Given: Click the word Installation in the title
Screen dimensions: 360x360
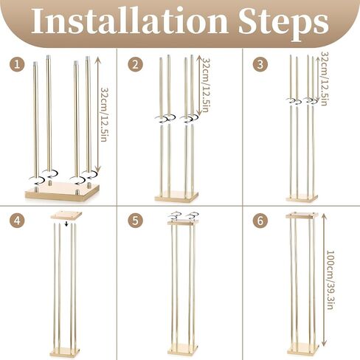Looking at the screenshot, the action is coord(130,21).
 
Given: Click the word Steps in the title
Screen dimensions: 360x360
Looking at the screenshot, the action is coord(283,24).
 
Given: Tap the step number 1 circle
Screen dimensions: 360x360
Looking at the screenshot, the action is coord(17,65).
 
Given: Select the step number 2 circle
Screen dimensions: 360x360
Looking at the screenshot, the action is coord(136,65).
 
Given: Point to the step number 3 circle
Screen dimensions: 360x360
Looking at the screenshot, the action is coord(260,65).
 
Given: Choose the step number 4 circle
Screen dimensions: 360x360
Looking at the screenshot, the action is coord(17,221).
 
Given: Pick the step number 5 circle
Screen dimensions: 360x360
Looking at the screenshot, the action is coord(136,221).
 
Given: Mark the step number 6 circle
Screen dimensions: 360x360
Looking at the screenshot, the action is coord(260,221).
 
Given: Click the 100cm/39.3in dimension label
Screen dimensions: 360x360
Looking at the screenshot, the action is coord(330,280).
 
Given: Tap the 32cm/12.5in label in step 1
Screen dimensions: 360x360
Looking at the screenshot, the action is coord(105,114).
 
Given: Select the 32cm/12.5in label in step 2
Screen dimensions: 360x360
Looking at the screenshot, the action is coord(206,85).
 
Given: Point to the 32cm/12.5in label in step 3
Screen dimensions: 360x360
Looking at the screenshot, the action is coord(324,79).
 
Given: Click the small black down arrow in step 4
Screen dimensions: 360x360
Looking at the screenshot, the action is coord(66,224).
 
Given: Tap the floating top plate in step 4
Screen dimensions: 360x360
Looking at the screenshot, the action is coord(66,215).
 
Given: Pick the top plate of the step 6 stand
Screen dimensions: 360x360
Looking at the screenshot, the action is coord(302,215).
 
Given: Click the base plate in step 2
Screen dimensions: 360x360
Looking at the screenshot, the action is coord(176,197).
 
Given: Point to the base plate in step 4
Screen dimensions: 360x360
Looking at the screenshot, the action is coord(65,352).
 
